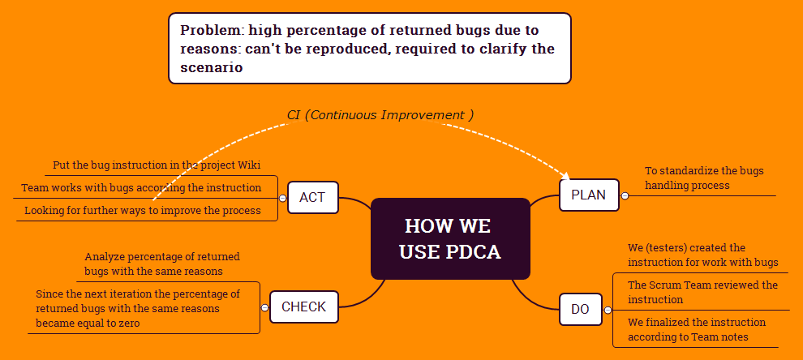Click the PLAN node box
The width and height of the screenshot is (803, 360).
[589, 195]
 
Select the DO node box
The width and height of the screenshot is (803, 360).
[581, 309]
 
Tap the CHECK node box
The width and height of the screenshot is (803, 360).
[303, 306]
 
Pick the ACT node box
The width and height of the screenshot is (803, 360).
[312, 197]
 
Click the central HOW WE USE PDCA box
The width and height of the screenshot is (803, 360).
[449, 238]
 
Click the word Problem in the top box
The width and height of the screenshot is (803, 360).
[211, 30]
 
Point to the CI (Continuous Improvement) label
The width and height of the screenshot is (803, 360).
[380, 114]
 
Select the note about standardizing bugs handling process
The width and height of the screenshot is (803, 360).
[704, 178]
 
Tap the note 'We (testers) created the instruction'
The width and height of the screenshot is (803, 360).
[702, 255]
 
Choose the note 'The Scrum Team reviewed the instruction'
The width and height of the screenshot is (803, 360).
[702, 292]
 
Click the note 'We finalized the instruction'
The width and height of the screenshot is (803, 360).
[696, 329]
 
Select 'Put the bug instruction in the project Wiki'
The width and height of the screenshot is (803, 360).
[157, 165]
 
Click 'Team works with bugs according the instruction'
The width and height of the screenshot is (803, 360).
[141, 187]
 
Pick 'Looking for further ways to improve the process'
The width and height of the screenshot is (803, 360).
[143, 210]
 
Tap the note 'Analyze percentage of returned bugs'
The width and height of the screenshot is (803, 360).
[162, 264]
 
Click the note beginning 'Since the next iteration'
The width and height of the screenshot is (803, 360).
[138, 308]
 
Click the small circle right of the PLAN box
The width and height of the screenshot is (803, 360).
[625, 195]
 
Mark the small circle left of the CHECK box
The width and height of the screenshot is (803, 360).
[264, 307]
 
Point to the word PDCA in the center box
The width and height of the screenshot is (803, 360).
[473, 251]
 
